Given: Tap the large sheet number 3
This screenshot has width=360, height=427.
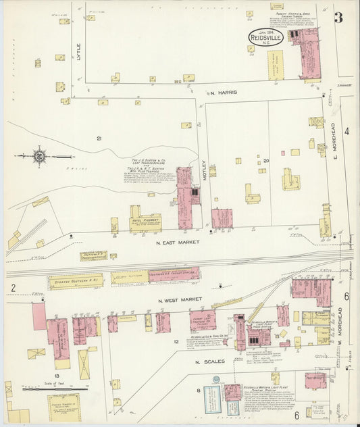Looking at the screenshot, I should [x=338, y=18].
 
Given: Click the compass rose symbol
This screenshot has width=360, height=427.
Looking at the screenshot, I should [x=40, y=156].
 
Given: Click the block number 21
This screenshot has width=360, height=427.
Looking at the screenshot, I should [x=99, y=139].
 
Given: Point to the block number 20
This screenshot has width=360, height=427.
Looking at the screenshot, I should [x=266, y=160].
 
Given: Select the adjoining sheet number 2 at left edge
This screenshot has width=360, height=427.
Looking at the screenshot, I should [x=13, y=288].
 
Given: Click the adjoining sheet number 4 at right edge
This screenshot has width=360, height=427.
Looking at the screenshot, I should [x=346, y=131].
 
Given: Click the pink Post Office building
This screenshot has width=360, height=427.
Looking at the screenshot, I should [x=315, y=380].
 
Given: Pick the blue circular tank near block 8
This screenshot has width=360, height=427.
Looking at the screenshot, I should [x=216, y=380].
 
